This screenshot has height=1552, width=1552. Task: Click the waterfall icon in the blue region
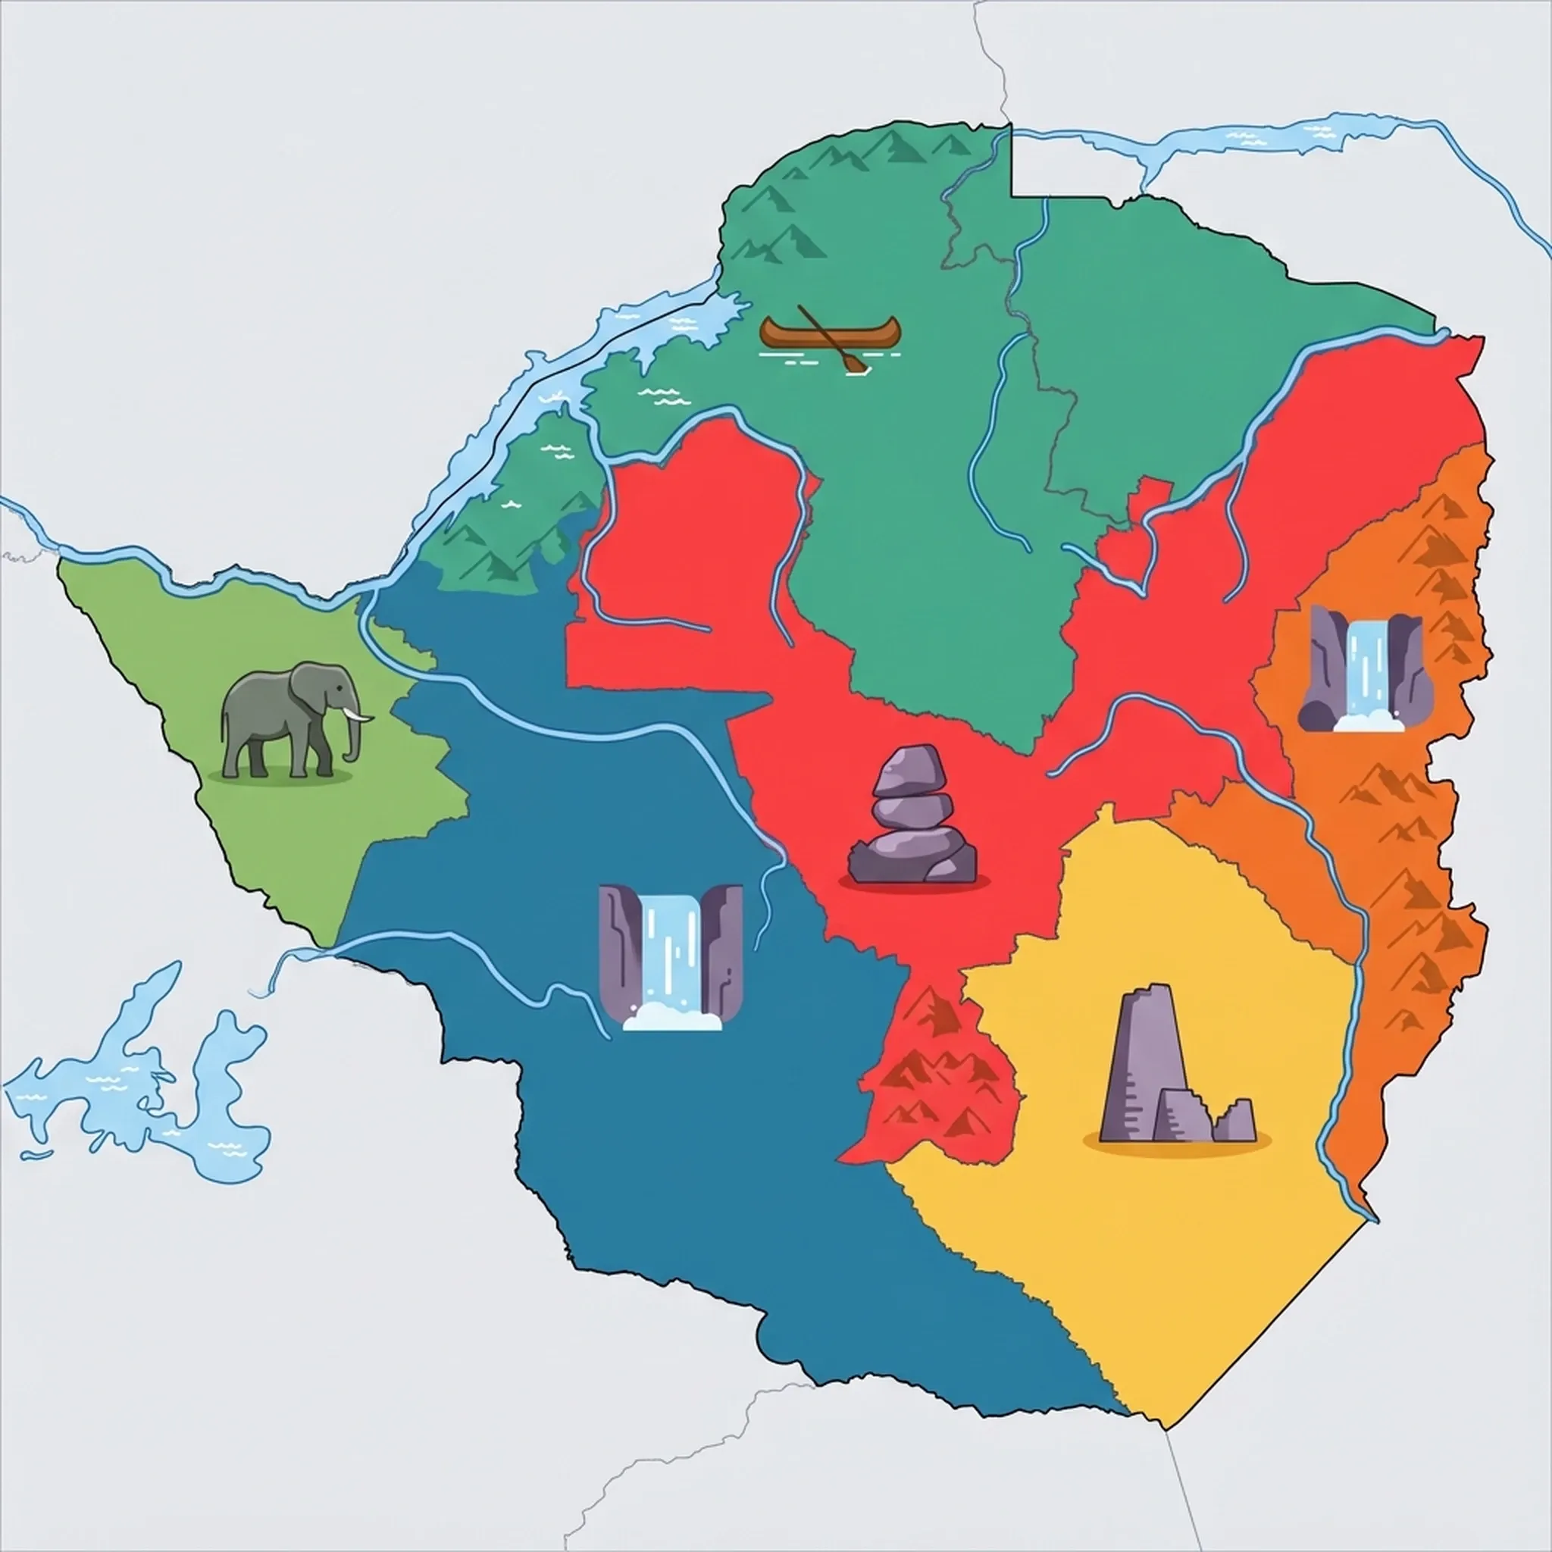pyautogui.click(x=671, y=956)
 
